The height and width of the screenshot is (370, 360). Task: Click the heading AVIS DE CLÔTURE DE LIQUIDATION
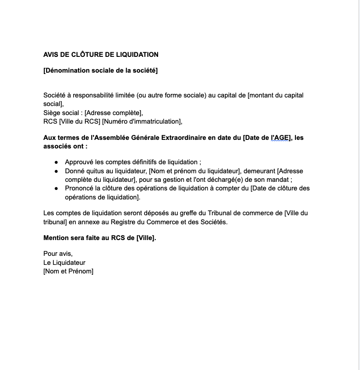101,55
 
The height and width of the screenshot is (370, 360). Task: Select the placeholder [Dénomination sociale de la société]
100,70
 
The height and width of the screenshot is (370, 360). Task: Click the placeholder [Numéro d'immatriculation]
141,121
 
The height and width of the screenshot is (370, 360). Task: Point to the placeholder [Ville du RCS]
79,121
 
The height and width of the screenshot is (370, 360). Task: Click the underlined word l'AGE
280,138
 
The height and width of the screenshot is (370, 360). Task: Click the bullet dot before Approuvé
56,162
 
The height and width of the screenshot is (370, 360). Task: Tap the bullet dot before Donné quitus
56,171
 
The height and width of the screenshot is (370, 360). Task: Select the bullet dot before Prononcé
56,189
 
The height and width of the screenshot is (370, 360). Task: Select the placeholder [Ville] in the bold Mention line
145,238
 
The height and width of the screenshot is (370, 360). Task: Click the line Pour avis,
58,254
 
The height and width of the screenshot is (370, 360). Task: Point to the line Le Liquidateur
64,263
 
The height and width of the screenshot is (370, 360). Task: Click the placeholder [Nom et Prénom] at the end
68,271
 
